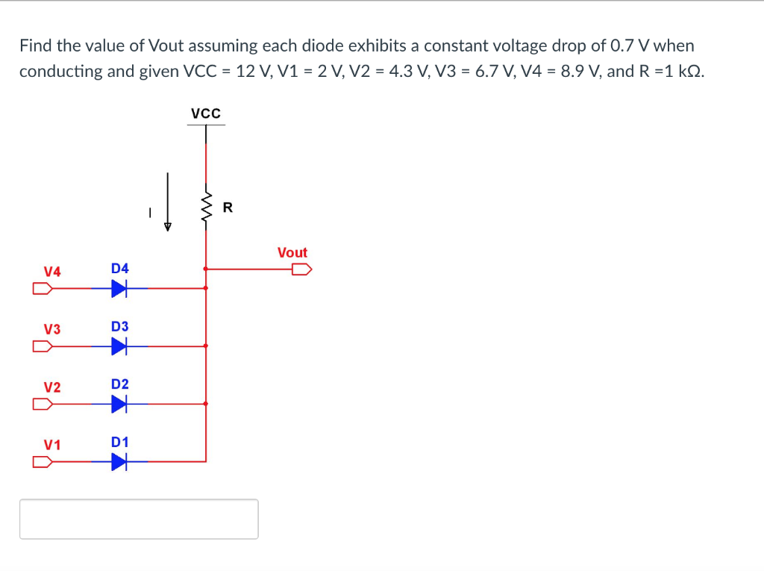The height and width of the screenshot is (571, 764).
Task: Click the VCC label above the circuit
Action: coord(205,113)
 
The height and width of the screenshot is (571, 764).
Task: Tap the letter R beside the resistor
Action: coord(228,208)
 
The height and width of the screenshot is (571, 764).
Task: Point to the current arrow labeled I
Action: coord(168,204)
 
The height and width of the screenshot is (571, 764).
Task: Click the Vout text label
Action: coord(292,253)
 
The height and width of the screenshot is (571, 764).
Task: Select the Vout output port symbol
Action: coord(301,269)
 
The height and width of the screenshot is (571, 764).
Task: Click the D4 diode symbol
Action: coord(119,288)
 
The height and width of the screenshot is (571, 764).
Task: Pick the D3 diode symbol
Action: coord(119,346)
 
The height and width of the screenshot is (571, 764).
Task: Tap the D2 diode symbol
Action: coord(119,404)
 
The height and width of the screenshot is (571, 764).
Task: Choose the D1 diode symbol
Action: coord(119,462)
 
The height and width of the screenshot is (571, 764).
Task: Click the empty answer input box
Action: coord(139,519)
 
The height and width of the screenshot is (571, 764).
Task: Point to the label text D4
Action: coord(119,268)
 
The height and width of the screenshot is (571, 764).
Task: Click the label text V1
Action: coord(51,445)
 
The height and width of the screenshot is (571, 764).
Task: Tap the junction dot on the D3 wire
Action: coord(206,346)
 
